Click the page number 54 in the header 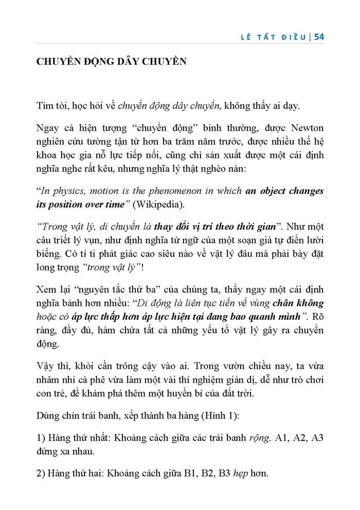point(318,37)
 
